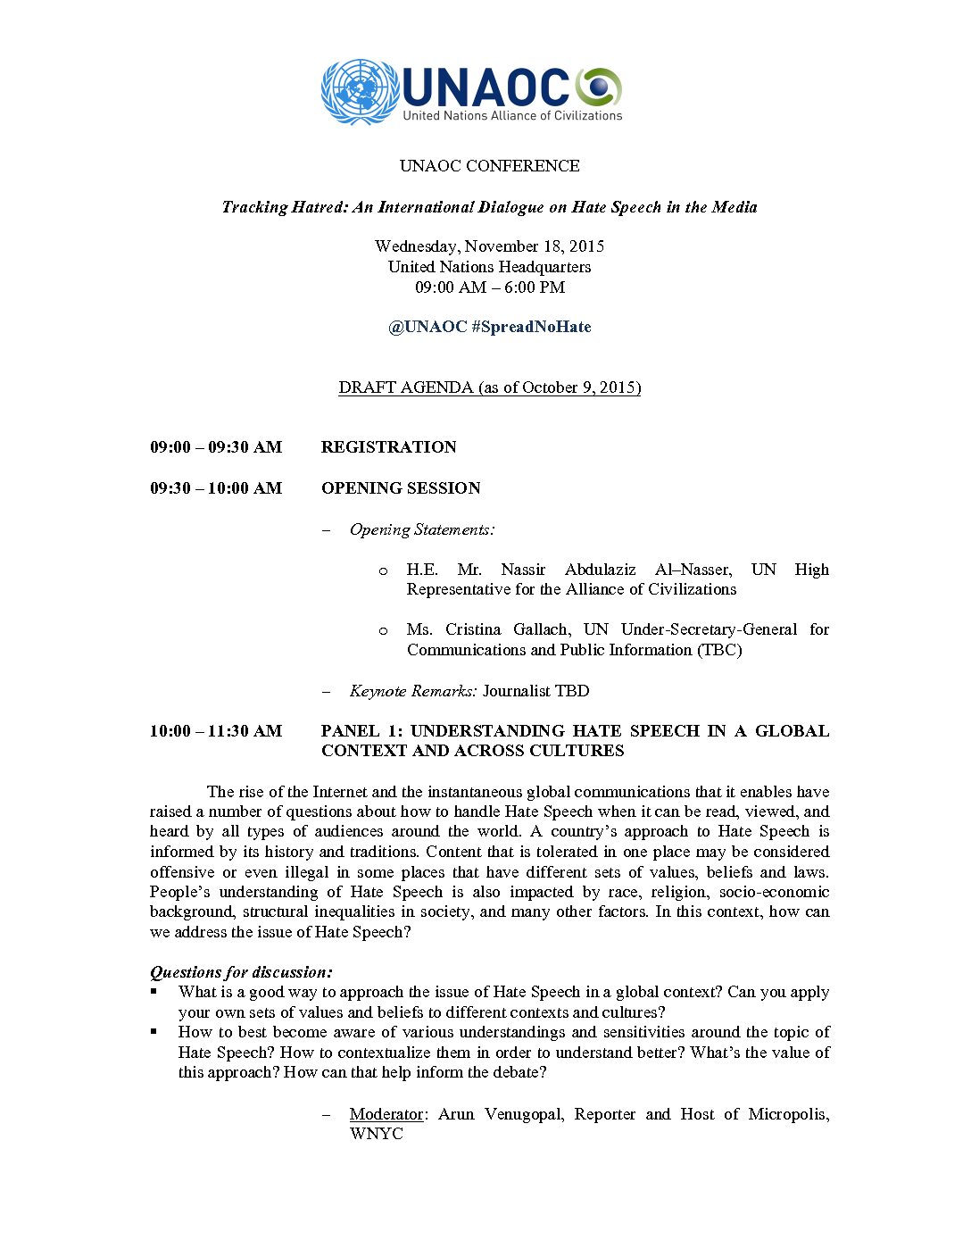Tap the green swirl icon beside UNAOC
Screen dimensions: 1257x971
coord(598,87)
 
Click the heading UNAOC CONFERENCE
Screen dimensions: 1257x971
coord(489,166)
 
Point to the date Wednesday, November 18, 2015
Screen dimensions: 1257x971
coord(489,246)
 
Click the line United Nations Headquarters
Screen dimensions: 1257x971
coord(489,267)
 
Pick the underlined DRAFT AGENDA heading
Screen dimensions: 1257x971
coord(489,387)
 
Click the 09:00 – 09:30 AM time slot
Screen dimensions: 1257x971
coord(216,447)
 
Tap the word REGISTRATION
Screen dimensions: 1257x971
coord(389,447)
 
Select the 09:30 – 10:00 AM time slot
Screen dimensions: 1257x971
coord(216,488)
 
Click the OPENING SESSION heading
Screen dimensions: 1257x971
coord(401,488)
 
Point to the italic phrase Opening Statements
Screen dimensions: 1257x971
coord(421,529)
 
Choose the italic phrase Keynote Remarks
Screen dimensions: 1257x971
coord(412,691)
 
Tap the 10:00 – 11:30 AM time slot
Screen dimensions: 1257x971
coord(216,731)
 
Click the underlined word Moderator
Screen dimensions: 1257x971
coord(386,1114)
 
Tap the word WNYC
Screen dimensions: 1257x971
coord(377,1134)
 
